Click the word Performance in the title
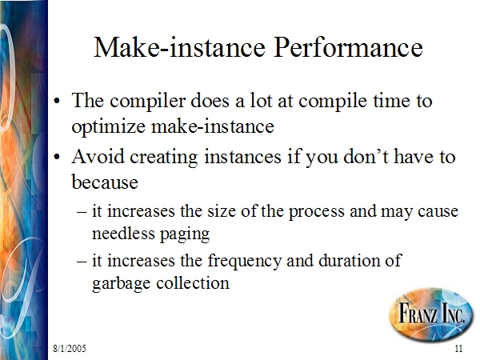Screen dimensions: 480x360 [348, 47]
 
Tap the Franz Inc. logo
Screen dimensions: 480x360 [431, 314]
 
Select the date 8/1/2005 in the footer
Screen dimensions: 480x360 [70, 348]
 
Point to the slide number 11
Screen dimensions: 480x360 [458, 348]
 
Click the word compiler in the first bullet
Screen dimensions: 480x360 [148, 101]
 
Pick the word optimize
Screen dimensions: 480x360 [108, 126]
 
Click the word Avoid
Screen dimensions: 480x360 [98, 156]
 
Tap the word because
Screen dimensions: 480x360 [105, 182]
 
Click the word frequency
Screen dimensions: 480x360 [244, 261]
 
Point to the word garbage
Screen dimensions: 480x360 [122, 283]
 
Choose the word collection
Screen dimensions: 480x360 [193, 282]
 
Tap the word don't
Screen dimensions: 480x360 [366, 156]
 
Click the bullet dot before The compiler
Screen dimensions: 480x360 [56, 101]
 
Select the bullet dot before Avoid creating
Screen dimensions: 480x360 [56, 157]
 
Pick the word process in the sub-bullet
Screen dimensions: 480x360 [317, 211]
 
